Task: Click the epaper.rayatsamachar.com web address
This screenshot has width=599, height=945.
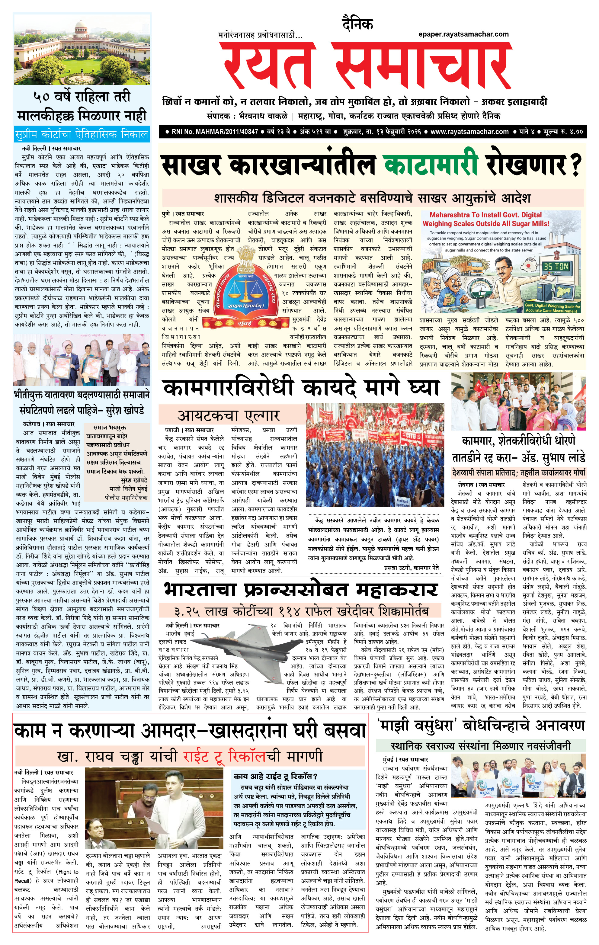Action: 463,34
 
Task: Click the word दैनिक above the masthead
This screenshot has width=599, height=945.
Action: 357,24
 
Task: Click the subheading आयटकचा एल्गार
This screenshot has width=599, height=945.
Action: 229,415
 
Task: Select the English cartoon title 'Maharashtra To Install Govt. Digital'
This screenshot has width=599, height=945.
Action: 485,215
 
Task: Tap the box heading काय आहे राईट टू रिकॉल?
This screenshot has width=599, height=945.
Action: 276,777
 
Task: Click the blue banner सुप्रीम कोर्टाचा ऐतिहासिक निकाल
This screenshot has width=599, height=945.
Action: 82,134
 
